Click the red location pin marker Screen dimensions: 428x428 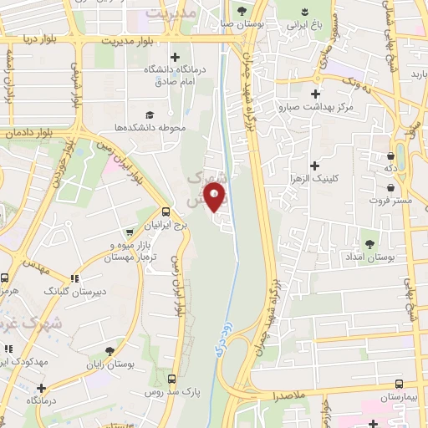217,198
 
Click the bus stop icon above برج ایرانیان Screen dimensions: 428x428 166,212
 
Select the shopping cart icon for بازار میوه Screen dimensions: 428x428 130,232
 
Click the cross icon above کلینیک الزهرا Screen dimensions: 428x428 314,166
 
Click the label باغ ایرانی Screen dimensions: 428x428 303,26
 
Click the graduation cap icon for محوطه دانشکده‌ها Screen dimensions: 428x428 150,115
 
